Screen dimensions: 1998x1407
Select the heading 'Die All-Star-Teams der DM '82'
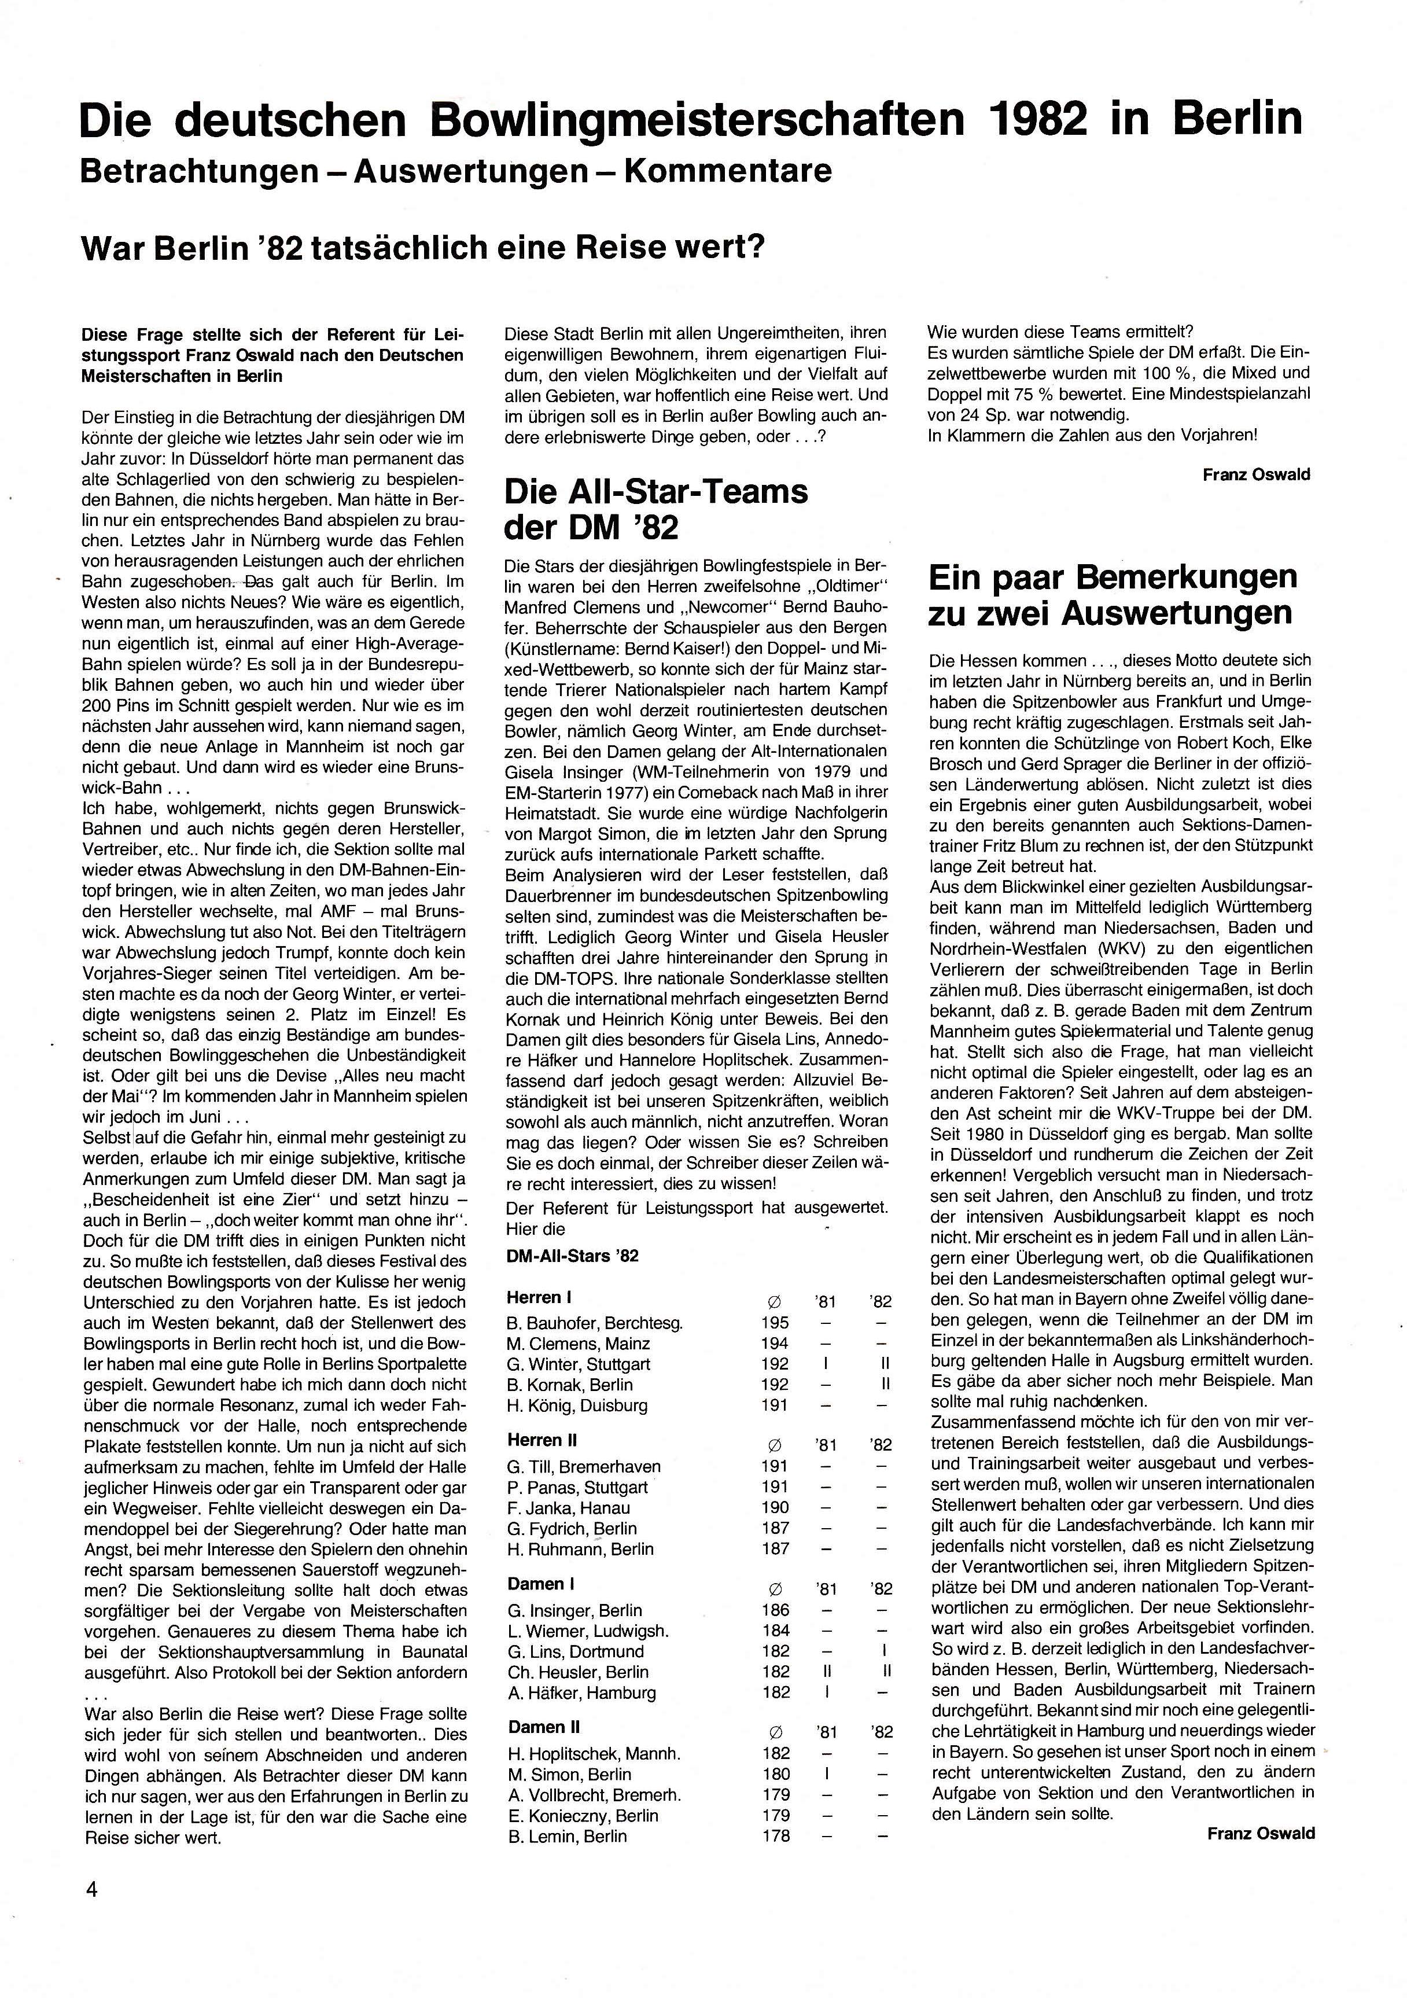click(x=656, y=509)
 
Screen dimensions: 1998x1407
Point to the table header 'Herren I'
click(x=539, y=1297)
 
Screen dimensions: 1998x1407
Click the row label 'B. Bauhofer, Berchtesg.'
click(x=594, y=1323)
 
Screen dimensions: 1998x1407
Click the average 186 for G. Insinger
click(x=775, y=1610)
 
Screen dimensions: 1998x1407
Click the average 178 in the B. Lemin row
click(x=775, y=1836)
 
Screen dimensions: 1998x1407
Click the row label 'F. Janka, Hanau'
click(x=568, y=1508)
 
